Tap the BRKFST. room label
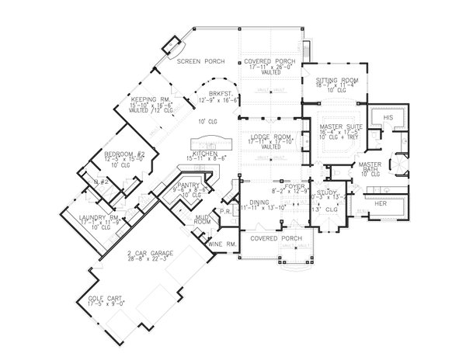pos(211,94)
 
